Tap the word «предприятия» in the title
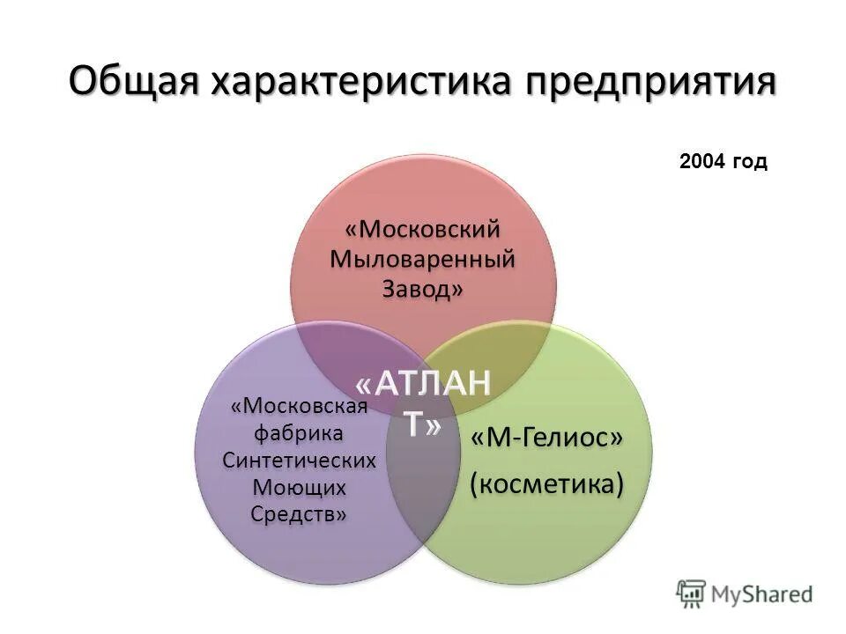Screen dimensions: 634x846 pyautogui.click(x=652, y=83)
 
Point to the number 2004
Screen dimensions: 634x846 pyautogui.click(x=703, y=161)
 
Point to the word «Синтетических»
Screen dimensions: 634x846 pyautogui.click(x=300, y=461)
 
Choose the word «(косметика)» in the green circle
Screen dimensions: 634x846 pyautogui.click(x=545, y=483)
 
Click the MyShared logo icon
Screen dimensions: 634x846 pyautogui.click(x=691, y=593)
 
